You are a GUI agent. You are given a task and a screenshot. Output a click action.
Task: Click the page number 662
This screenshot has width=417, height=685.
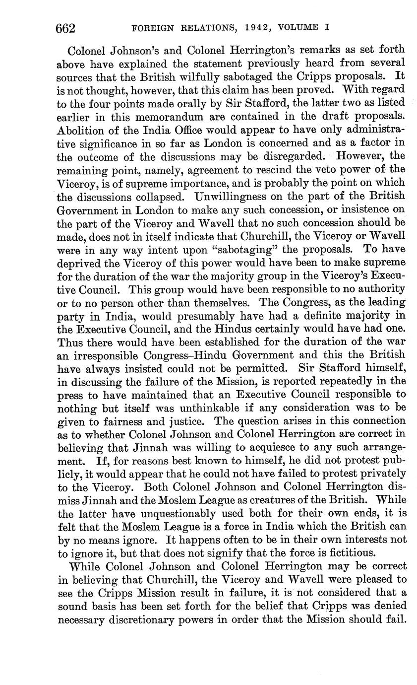65,28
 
